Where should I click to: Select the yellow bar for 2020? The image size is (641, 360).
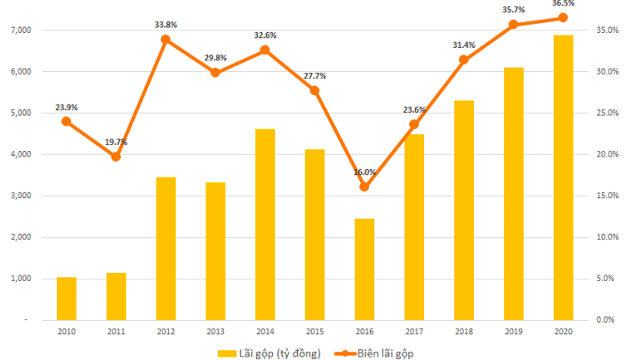[x=563, y=177]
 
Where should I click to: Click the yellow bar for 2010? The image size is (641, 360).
[x=67, y=298]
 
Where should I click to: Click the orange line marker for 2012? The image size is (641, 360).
[x=165, y=39]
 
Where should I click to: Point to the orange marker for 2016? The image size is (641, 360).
[x=365, y=187]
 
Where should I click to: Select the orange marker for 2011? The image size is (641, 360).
[x=116, y=156]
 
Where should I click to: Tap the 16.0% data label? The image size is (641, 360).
[x=365, y=172]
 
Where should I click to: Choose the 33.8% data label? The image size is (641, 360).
[x=166, y=25]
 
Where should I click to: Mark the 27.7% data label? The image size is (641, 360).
[x=314, y=76]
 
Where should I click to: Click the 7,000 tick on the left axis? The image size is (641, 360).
[x=20, y=30]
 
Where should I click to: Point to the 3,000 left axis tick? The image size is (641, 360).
[x=20, y=196]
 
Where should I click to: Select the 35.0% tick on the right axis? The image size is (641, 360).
[x=607, y=30]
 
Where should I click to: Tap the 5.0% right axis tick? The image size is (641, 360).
[x=605, y=278]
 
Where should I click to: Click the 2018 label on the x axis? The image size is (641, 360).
[x=463, y=331]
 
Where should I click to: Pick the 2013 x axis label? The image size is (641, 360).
[x=215, y=331]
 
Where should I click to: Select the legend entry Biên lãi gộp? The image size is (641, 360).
[x=378, y=353]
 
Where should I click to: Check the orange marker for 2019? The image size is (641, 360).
[x=513, y=25]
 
